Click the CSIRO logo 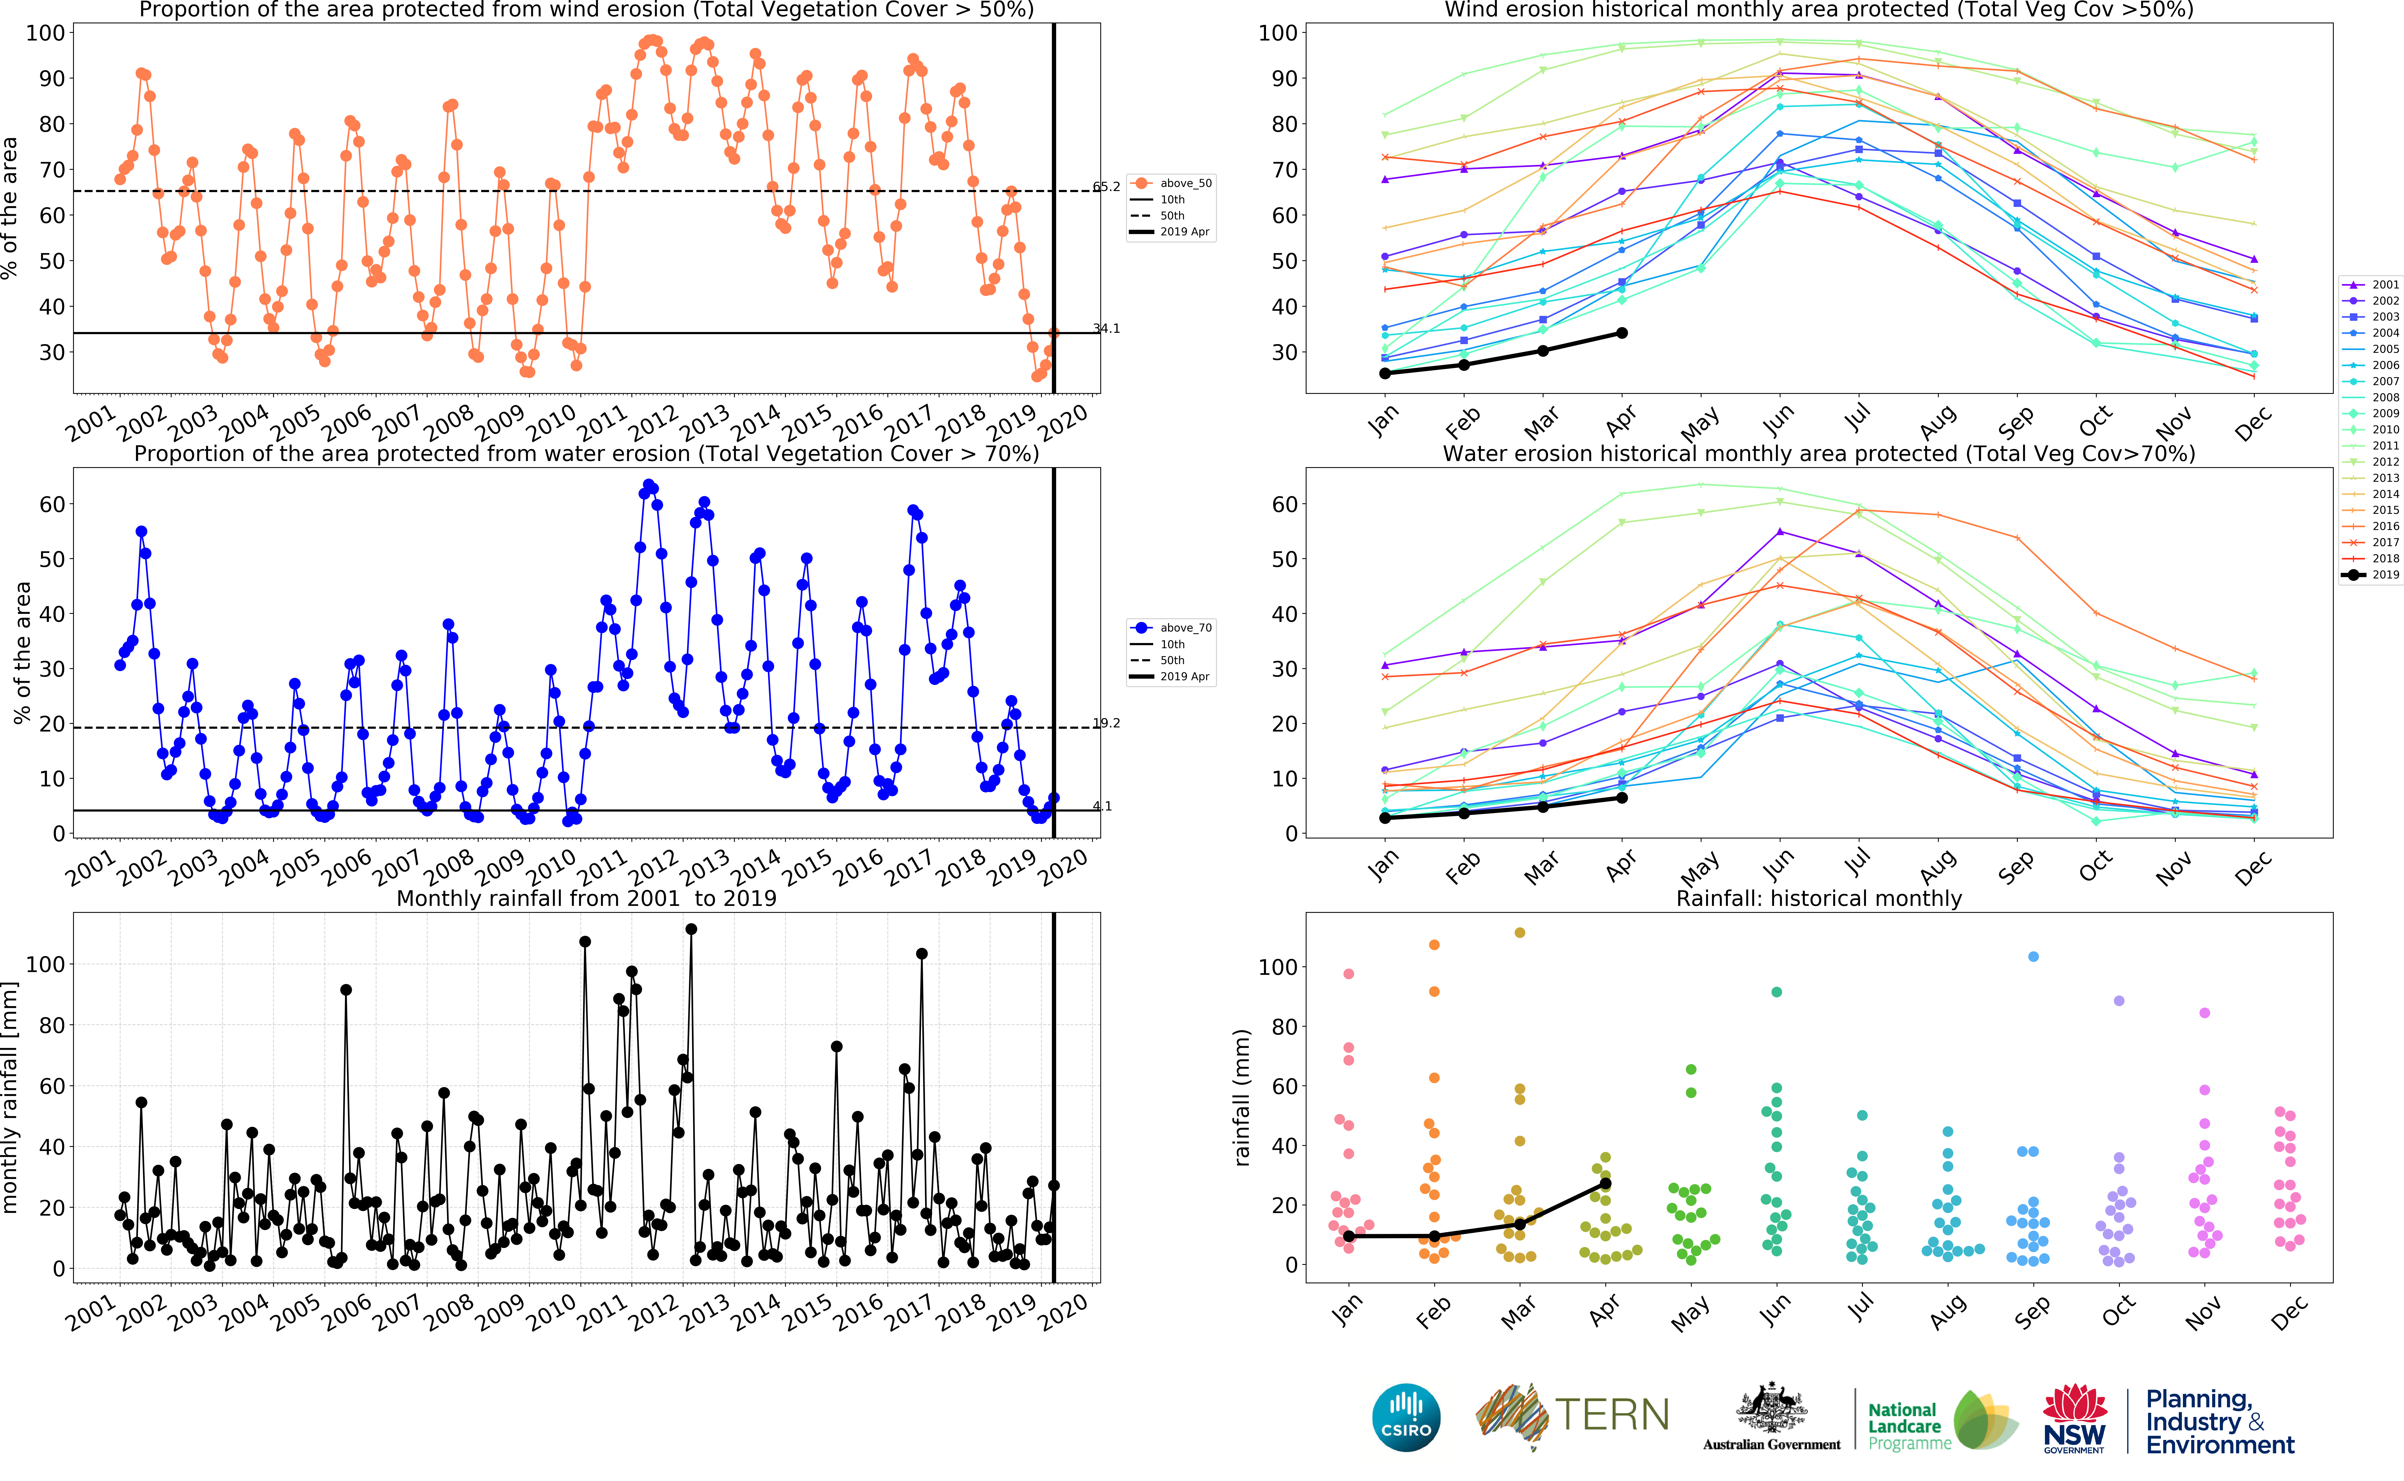point(1406,1417)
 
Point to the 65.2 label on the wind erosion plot point(1107,186)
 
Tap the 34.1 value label point(1107,328)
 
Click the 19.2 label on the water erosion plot point(1107,723)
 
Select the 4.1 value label point(1103,806)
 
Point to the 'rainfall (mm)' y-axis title point(1242,1097)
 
